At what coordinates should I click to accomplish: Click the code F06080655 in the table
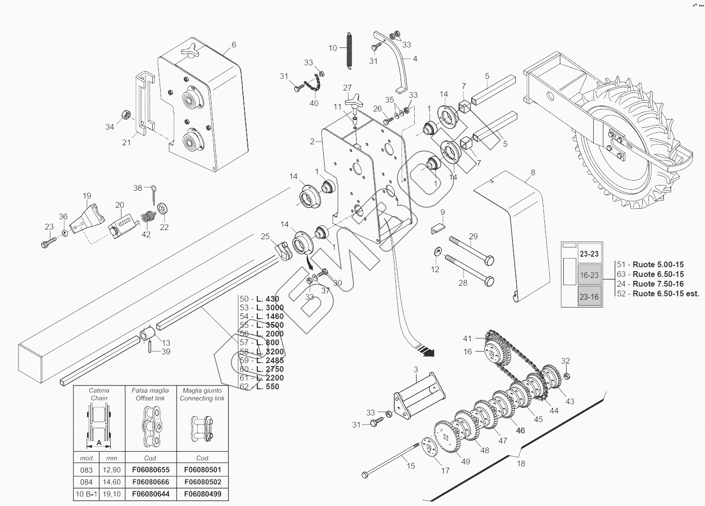coord(150,470)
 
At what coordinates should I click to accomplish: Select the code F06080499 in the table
coord(203,494)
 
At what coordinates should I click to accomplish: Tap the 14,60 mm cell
coord(112,482)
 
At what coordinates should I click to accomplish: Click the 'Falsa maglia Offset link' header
coord(150,394)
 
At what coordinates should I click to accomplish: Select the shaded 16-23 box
coord(589,275)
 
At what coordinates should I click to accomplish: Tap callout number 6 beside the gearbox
coord(234,45)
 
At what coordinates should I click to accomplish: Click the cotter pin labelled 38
coord(153,191)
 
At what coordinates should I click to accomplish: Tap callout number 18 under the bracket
coord(521,463)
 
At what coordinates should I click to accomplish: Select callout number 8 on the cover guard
coord(533,172)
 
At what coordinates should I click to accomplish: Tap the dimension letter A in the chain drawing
coord(99,442)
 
